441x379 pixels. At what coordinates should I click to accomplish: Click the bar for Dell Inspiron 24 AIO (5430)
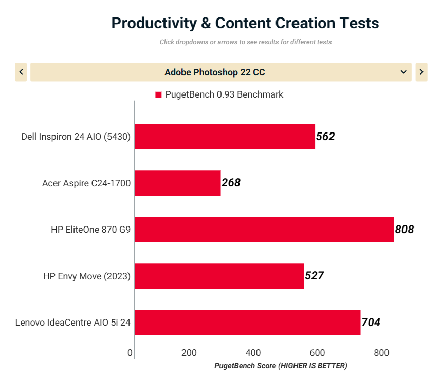coord(225,137)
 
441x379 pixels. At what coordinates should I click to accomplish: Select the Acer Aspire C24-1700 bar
coord(178,183)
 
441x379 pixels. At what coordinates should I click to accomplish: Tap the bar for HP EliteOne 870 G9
coord(264,230)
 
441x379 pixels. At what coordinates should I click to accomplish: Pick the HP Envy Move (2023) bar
coord(219,276)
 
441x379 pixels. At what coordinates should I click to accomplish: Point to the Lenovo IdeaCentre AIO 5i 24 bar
coord(247,323)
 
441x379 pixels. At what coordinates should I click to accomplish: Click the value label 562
coord(325,137)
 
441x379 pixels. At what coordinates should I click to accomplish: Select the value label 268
coord(231,183)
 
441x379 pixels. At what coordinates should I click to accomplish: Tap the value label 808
coord(405,230)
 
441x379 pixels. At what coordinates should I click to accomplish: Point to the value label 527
coord(314,276)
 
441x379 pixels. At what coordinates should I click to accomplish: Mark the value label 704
coord(371,323)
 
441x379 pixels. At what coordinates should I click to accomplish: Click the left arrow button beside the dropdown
coord(21,72)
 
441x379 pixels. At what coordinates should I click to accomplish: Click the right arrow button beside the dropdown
coord(421,72)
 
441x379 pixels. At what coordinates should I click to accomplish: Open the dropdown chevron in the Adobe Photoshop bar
coord(403,72)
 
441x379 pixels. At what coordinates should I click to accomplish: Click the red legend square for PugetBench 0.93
coord(158,95)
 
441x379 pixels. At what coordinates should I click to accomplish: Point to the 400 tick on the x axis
coord(253,353)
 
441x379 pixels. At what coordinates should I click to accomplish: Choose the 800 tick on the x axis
coord(381,353)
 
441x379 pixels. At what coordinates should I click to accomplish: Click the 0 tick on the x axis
coord(131,353)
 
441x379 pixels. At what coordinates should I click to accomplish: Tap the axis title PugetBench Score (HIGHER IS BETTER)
coord(281,366)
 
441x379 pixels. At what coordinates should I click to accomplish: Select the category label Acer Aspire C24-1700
coord(86,183)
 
